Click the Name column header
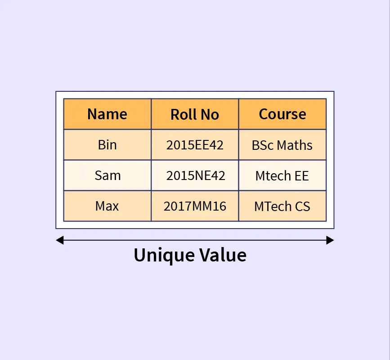[x=107, y=114]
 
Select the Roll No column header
[x=195, y=114]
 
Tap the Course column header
[x=282, y=114]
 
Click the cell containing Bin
[x=107, y=145]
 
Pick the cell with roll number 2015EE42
[x=195, y=145]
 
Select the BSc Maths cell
[x=282, y=145]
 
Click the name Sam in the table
[x=108, y=175]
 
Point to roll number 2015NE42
[x=196, y=175]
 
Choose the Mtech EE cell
[x=282, y=175]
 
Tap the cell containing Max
[x=107, y=206]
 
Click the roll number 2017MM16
[x=195, y=206]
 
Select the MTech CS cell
[x=282, y=206]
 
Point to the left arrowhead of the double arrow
[x=60, y=240]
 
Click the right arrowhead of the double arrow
[x=330, y=240]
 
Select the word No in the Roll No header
[x=210, y=114]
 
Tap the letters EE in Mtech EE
[x=302, y=175]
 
